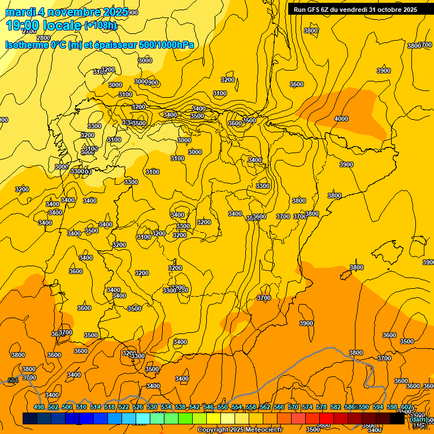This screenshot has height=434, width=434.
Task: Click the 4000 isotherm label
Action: point(341,119)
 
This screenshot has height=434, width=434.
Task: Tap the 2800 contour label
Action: point(43,38)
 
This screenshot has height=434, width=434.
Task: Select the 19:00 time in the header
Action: point(23,25)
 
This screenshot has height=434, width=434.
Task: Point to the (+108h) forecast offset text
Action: point(101,25)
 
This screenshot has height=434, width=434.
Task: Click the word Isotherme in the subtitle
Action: point(26,45)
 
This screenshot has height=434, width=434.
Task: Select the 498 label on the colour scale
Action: point(39,407)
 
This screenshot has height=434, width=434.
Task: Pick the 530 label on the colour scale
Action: point(152,407)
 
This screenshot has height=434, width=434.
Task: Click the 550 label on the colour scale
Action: point(223,407)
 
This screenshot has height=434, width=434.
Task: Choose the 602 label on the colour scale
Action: point(406,407)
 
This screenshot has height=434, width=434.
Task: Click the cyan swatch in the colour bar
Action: point(142,418)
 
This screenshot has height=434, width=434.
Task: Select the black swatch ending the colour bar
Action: point(397,418)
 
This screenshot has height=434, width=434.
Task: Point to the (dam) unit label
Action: point(418,419)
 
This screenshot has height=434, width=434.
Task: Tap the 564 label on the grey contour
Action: point(12,381)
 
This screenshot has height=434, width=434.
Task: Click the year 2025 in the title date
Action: point(111,12)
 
